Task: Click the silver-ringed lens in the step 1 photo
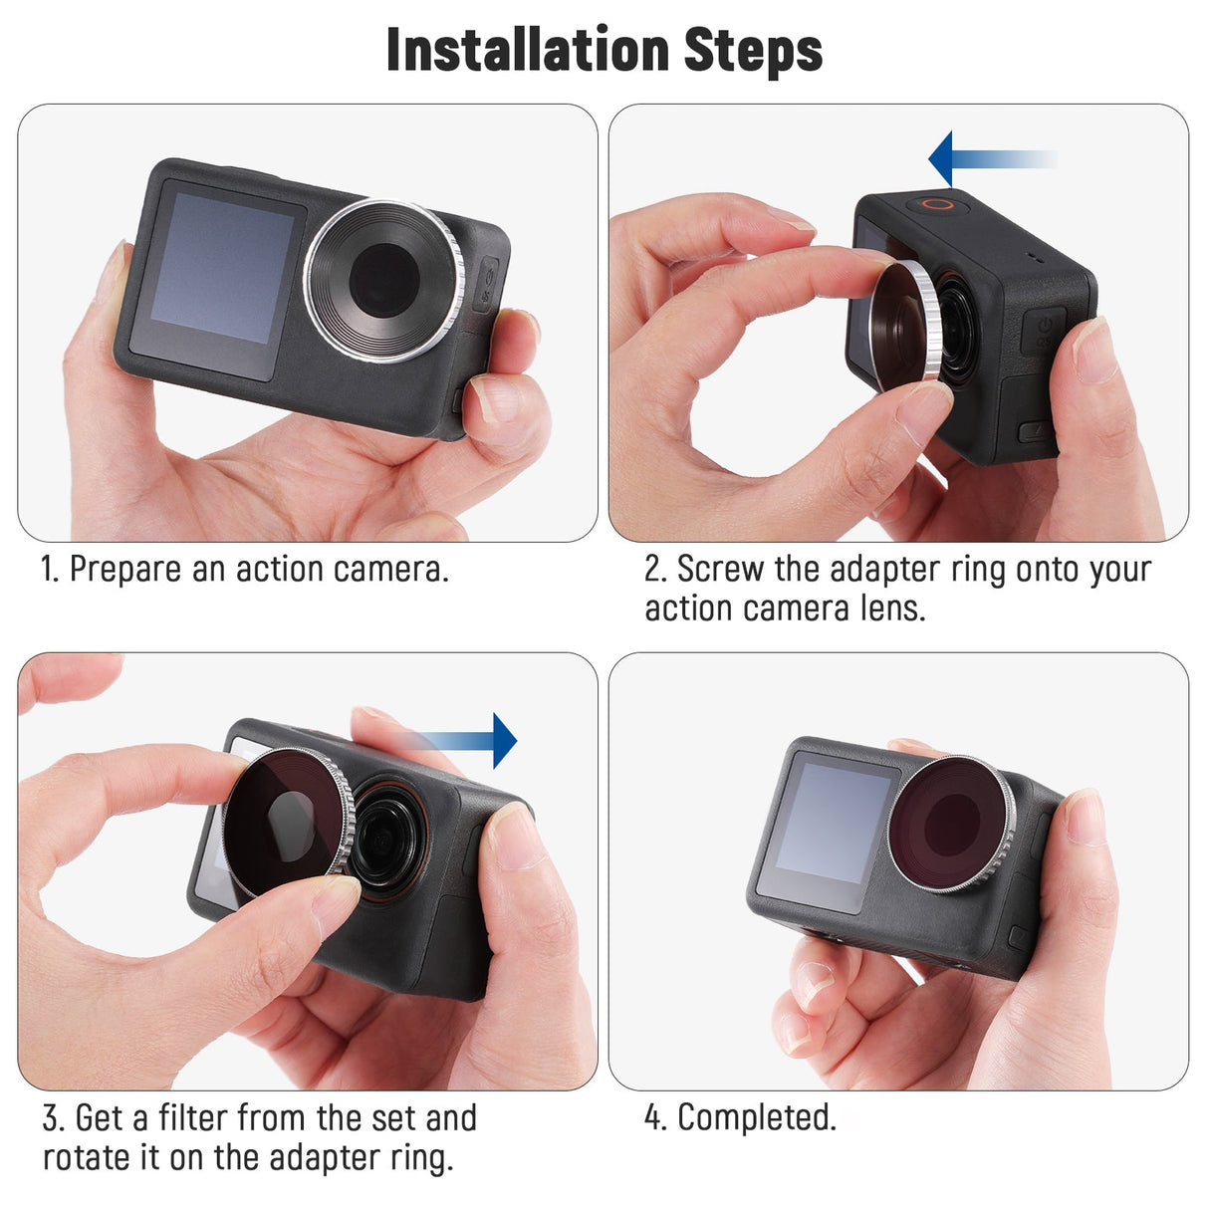[384, 280]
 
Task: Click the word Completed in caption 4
[757, 1118]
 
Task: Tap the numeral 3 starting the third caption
[51, 1118]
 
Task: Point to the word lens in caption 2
[891, 608]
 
